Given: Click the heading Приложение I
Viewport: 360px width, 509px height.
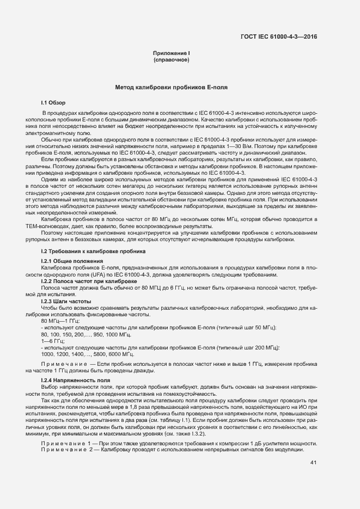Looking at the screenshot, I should click(x=171, y=53).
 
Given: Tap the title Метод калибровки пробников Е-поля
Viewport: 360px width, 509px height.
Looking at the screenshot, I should click(x=171, y=87).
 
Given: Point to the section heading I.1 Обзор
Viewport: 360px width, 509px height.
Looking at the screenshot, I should click(x=53, y=102).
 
